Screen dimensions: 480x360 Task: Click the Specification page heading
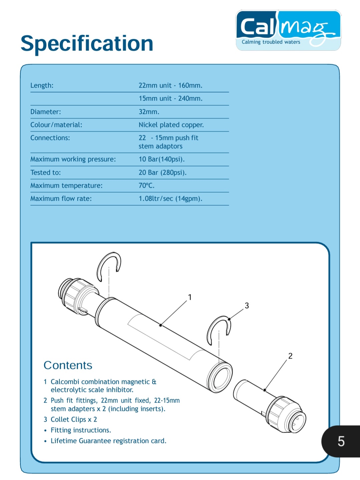pyautogui.click(x=87, y=43)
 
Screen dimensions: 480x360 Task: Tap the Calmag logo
pyautogui.click(x=288, y=30)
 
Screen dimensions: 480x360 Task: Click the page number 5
pyautogui.click(x=341, y=441)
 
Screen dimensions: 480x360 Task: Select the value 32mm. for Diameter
pyautogui.click(x=149, y=112)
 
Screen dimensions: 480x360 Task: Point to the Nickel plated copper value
pyautogui.click(x=171, y=125)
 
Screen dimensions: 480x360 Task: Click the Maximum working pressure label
pyautogui.click(x=73, y=159)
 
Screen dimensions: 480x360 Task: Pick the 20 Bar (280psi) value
pyautogui.click(x=162, y=173)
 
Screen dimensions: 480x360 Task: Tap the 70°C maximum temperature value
pyautogui.click(x=146, y=186)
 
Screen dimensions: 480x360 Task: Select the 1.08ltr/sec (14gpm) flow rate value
pyautogui.click(x=170, y=199)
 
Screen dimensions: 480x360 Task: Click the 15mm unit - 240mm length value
pyautogui.click(x=170, y=98)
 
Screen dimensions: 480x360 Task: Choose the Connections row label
pyautogui.click(x=50, y=138)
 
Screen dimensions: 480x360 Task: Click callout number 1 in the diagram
pyautogui.click(x=190, y=297)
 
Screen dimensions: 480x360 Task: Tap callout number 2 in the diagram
pyautogui.click(x=290, y=356)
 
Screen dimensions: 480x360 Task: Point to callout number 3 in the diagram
pyautogui.click(x=247, y=305)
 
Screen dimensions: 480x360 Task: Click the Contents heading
pyautogui.click(x=68, y=365)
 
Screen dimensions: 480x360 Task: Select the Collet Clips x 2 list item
pyautogui.click(x=73, y=420)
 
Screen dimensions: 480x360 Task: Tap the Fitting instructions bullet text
pyautogui.click(x=81, y=430)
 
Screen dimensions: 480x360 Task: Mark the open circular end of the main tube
pyautogui.click(x=219, y=375)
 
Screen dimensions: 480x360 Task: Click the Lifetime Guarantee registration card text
pyautogui.click(x=108, y=441)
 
